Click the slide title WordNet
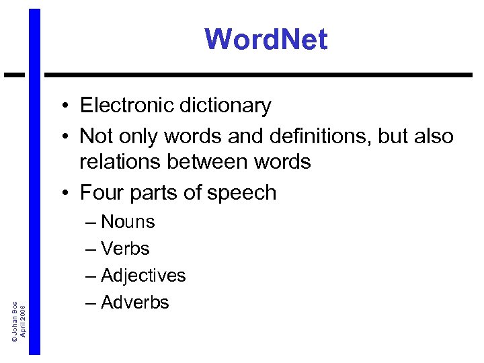266,39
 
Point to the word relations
120,162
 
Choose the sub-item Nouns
128,222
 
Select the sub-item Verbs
125,249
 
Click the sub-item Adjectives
143,276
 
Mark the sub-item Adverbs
134,302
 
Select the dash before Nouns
91,223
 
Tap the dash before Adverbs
91,303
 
